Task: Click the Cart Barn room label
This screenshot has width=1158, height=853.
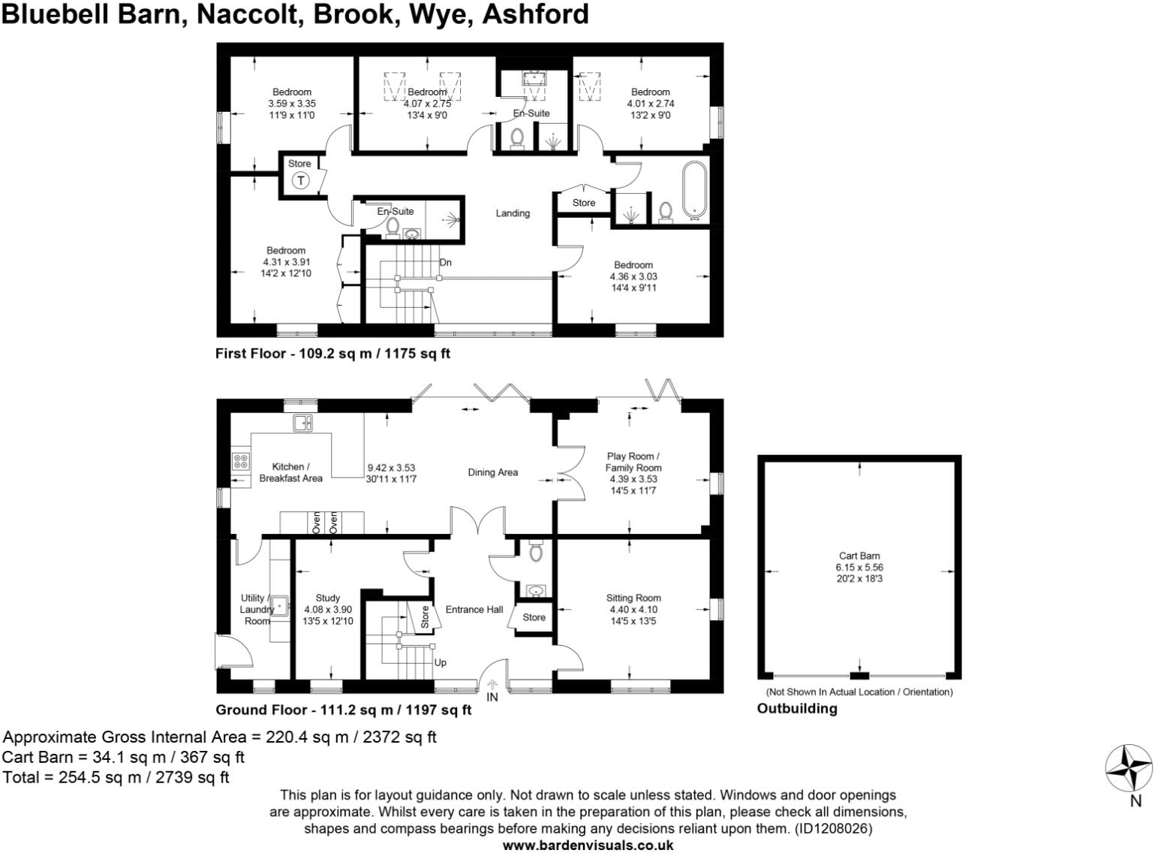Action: coord(859,556)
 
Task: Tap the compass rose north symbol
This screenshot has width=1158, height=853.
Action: coord(1129,768)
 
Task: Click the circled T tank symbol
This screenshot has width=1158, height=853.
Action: coord(300,180)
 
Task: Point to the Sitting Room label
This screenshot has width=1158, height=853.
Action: coord(633,598)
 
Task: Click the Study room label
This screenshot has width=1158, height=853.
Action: coord(328,598)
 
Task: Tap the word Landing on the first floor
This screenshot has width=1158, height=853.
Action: coord(513,213)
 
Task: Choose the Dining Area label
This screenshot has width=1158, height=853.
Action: coord(492,472)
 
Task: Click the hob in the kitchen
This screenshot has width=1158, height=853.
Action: coord(241,460)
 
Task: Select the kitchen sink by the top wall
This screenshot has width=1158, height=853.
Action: coord(302,423)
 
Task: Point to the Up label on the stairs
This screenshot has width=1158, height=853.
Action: coord(441,662)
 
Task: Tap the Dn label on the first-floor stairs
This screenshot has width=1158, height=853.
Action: coord(446,262)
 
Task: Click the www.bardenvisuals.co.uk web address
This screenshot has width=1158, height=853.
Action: coord(588,845)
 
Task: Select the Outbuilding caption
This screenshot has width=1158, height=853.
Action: coord(797,708)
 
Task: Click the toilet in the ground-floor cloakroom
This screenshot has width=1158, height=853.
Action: coord(536,552)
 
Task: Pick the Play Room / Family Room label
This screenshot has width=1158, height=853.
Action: coord(633,462)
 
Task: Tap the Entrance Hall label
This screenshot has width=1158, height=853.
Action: coord(474,609)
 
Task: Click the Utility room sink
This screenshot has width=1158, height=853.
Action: coord(280,604)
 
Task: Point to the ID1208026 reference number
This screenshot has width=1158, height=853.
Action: coord(834,829)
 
